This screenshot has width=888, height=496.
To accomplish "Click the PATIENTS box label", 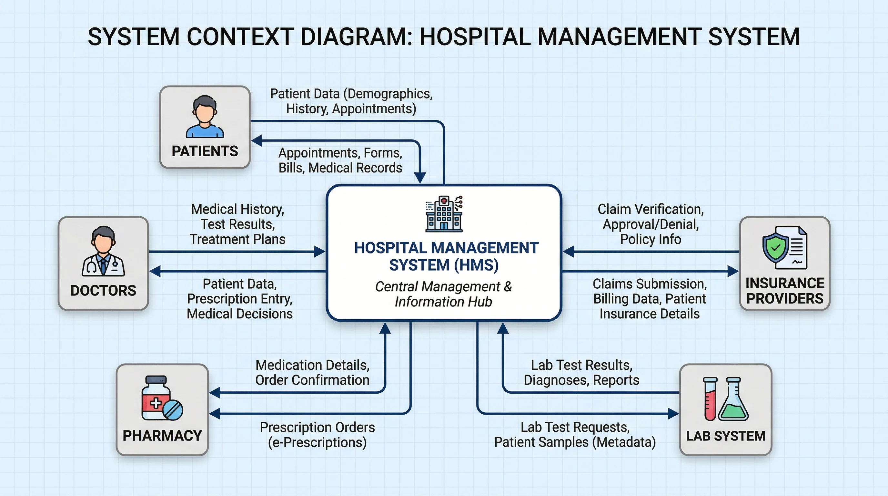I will pyautogui.click(x=205, y=151).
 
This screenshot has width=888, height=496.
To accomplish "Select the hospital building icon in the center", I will pyautogui.click(x=444, y=214).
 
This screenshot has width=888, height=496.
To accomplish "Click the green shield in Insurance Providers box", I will pyautogui.click(x=775, y=248).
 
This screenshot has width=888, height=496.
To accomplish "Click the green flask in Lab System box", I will pyautogui.click(x=733, y=400).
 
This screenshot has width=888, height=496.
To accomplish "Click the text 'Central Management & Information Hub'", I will pyautogui.click(x=444, y=294).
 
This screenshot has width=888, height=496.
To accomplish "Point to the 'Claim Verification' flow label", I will pyautogui.click(x=651, y=209).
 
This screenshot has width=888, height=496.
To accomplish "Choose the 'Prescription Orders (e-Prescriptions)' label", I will pyautogui.click(x=317, y=435).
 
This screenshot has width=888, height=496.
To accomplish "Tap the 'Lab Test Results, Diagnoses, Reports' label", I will pyautogui.click(x=581, y=373).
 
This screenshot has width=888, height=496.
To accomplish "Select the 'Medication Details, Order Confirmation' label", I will pyautogui.click(x=312, y=373).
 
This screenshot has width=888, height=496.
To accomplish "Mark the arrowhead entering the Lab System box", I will pyautogui.click(x=673, y=413).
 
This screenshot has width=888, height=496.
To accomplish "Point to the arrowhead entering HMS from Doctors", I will pyautogui.click(x=319, y=252).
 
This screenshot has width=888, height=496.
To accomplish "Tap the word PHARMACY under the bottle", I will pyautogui.click(x=162, y=436).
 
